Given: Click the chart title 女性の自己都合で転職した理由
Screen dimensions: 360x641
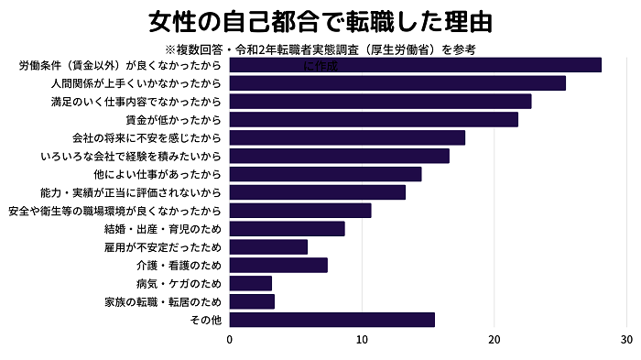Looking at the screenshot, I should tap(320, 20).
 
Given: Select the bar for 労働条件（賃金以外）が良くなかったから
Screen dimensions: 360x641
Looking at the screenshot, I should tap(415, 65).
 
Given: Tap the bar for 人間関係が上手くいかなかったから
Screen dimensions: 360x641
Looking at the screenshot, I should tap(397, 83).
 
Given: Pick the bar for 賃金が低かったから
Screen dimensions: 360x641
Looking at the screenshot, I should tap(373, 119).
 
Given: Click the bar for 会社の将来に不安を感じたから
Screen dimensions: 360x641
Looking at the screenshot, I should tap(346, 137).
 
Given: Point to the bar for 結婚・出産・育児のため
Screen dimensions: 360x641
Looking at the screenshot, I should tap(287, 229).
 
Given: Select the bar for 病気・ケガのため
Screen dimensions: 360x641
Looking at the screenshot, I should tap(250, 283).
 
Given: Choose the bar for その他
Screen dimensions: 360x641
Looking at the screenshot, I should tap(331, 320).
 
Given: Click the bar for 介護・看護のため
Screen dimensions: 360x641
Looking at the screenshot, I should tap(277, 266).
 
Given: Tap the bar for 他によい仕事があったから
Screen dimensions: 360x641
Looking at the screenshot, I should tap(325, 174).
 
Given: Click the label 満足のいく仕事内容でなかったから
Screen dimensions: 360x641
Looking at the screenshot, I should tap(136, 102).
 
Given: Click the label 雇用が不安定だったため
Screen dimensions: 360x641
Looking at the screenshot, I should tap(163, 247).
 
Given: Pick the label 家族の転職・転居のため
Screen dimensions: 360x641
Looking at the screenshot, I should tap(163, 301).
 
